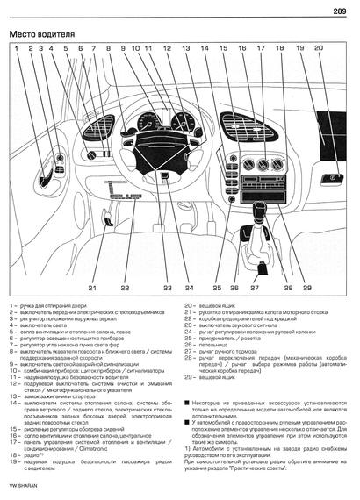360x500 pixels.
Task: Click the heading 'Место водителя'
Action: click(x=39, y=35)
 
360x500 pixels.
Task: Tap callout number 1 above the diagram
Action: click(x=17, y=49)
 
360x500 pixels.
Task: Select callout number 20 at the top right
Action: click(x=318, y=49)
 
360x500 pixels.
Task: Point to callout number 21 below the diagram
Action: click(x=91, y=287)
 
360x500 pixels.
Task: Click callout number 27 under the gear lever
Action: click(x=256, y=287)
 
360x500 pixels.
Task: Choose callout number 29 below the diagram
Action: click(x=307, y=287)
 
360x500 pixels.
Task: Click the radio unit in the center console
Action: click(x=262, y=187)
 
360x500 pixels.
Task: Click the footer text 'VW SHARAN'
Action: click(x=24, y=487)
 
